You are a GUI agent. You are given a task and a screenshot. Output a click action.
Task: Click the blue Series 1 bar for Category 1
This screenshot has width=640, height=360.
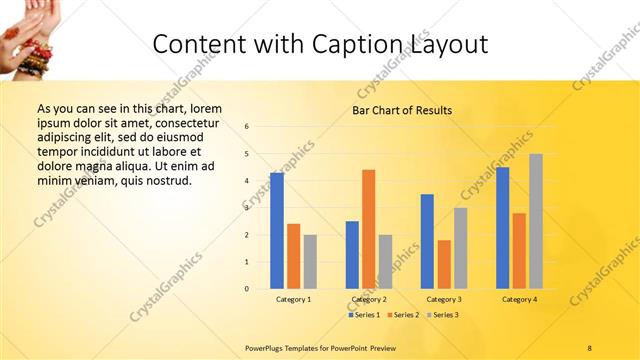point(276,231)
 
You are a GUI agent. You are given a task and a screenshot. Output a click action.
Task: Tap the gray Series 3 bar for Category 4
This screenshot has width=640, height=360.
point(536,221)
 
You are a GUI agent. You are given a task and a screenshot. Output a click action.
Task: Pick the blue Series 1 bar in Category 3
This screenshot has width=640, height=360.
point(427,241)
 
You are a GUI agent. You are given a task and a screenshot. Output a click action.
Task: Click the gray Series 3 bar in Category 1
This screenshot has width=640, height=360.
point(310,262)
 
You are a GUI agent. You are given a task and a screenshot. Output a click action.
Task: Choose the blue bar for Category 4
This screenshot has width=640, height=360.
point(502,228)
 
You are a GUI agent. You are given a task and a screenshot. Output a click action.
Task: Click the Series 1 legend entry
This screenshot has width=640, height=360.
point(364,315)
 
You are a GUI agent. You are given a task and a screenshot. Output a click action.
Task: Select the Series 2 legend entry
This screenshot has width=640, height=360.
point(402,315)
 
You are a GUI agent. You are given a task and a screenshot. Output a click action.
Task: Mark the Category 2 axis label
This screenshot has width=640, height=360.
point(368,300)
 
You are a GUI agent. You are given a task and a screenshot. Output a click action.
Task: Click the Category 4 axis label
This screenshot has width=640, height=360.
point(519,300)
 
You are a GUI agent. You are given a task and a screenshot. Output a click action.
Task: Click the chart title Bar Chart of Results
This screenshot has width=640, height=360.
point(402,110)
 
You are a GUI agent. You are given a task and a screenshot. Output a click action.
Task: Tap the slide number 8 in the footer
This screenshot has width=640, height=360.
point(590,347)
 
